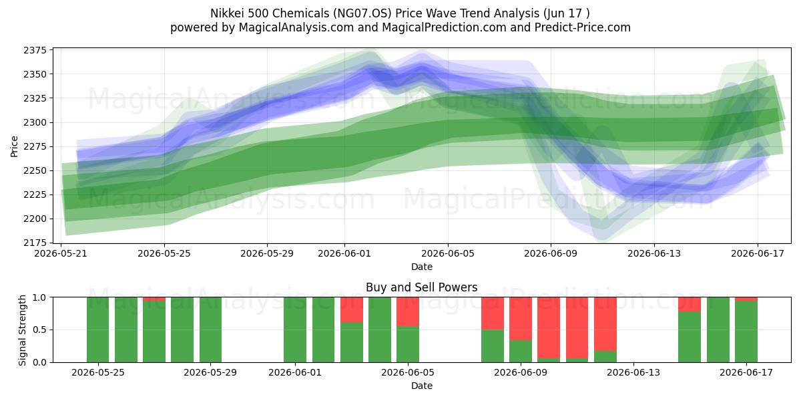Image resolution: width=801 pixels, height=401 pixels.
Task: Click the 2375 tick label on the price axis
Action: pos(35,50)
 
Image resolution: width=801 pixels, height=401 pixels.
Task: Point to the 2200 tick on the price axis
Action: pos(35,219)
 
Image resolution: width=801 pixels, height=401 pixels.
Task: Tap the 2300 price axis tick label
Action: pos(35,122)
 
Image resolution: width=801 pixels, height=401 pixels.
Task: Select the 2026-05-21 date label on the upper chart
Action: pos(61,253)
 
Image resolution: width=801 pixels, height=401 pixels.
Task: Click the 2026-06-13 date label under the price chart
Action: pos(654,253)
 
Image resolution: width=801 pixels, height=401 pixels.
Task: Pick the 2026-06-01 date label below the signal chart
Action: pos(295,372)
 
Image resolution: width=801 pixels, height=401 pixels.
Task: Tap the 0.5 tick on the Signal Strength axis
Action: pos(39,329)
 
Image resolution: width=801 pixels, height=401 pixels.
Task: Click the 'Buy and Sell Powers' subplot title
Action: pos(422,287)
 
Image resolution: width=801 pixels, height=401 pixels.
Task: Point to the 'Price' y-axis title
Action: pos(14,146)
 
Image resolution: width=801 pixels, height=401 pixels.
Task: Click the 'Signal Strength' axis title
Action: pos(22,330)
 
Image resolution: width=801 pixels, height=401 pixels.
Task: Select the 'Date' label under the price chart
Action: pos(422,267)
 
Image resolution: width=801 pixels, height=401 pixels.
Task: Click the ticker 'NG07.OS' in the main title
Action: pos(362,13)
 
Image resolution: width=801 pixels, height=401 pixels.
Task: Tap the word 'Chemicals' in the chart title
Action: pos(300,13)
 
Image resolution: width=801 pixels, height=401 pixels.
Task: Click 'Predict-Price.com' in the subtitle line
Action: pos(583,27)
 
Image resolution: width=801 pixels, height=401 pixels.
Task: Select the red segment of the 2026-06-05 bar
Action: pos(408,312)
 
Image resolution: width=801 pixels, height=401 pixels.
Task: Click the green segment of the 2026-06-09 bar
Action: pos(521,352)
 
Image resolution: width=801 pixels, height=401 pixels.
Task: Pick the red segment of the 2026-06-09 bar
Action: pos(521,319)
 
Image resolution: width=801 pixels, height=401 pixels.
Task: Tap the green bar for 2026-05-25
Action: pos(97,329)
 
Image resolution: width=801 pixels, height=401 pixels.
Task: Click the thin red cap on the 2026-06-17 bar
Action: pos(746,299)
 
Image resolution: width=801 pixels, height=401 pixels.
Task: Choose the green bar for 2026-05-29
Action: pos(210,329)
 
